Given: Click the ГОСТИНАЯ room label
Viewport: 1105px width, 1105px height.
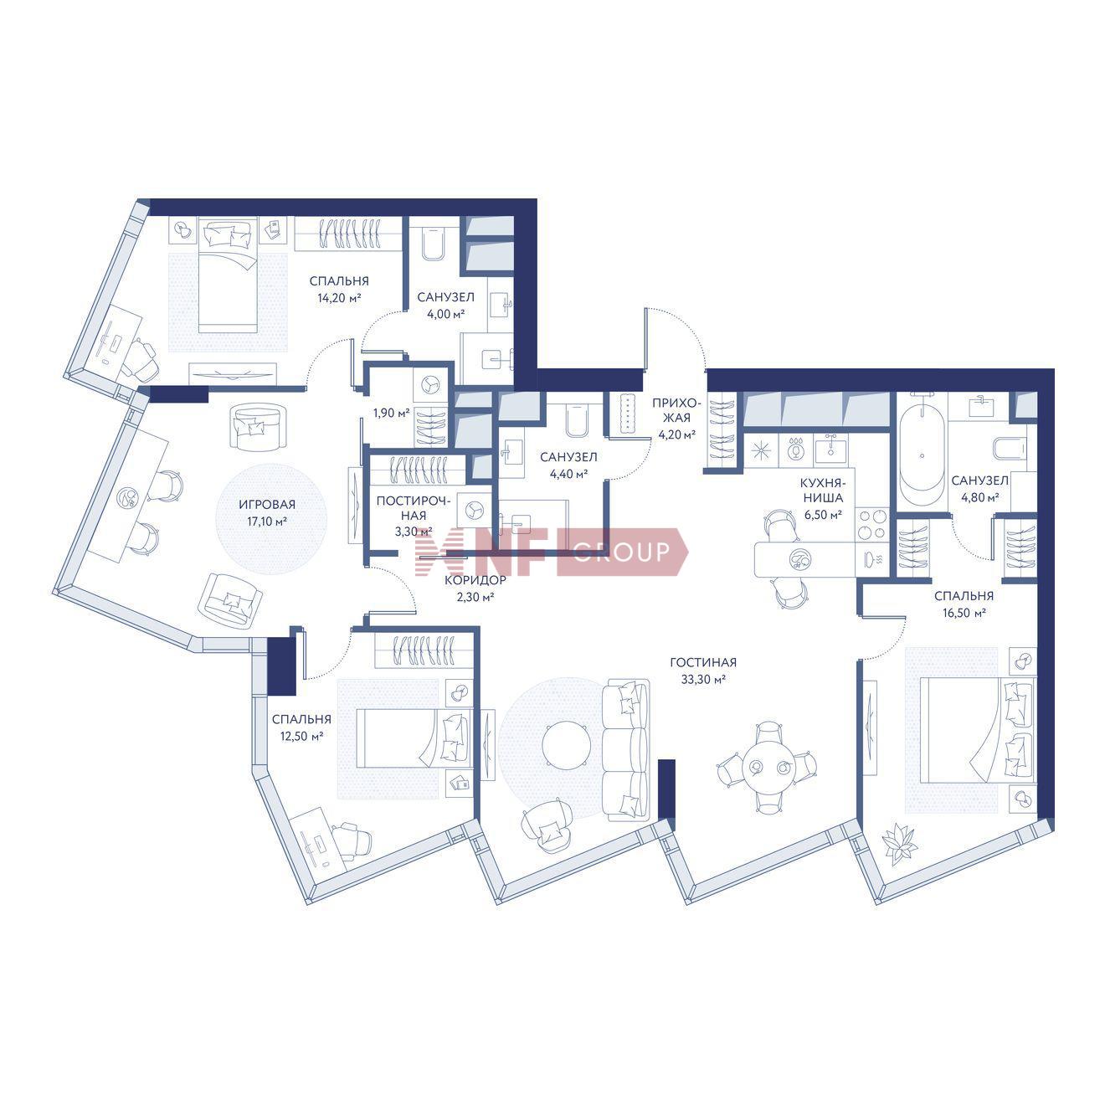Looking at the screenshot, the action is click(703, 662).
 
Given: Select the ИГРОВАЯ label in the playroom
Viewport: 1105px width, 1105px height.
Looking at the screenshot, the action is click(267, 505).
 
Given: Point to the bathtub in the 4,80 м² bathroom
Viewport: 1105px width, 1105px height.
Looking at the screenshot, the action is click(922, 456).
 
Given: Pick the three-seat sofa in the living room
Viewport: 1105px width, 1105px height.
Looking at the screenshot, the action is click(627, 748).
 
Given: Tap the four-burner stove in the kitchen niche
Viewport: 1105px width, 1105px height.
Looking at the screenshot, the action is click(871, 524).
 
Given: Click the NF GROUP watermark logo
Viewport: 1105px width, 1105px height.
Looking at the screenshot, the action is click(551, 551).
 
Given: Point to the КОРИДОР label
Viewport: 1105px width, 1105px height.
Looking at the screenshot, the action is click(475, 580).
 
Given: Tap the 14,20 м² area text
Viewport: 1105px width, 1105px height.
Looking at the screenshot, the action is click(339, 298).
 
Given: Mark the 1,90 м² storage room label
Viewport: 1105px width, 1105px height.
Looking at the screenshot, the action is click(391, 413).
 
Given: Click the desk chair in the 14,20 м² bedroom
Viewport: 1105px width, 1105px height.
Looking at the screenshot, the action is click(141, 359).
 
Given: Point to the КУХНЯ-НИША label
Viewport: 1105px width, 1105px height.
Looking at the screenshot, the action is click(823, 491).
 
